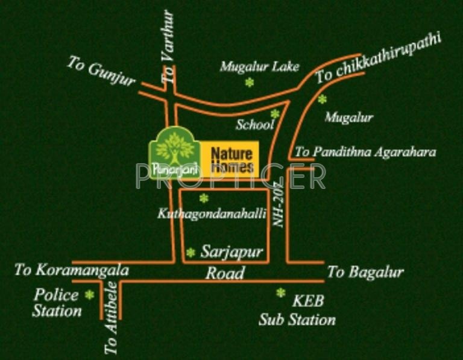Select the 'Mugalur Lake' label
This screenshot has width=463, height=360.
[259, 66]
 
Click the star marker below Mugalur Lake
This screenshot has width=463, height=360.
[250, 83]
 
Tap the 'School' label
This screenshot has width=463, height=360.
[255, 125]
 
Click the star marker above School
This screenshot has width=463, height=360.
[275, 113]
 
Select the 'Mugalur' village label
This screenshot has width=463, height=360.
[348, 118]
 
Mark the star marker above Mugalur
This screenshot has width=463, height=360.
[323, 99]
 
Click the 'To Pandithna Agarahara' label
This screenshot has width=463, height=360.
[365, 152]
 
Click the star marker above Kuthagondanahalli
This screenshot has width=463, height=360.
[204, 198]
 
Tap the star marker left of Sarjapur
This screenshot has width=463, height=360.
[191, 253]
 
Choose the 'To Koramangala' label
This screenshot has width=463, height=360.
[72, 270]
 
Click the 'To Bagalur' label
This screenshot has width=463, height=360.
[365, 272]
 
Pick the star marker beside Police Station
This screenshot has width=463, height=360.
[90, 294]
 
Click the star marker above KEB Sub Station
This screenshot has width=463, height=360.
[280, 292]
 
